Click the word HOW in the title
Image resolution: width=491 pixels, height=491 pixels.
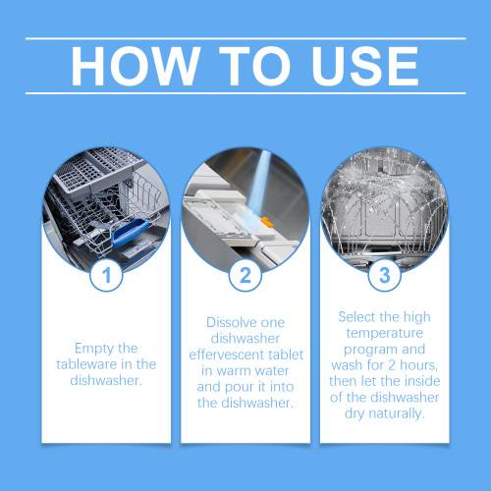tap(136, 66)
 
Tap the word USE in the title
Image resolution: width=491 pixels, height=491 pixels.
tap(365, 66)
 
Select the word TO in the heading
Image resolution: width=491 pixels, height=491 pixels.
tap(254, 66)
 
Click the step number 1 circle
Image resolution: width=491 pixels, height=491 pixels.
tap(106, 275)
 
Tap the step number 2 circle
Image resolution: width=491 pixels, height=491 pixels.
tap(245, 275)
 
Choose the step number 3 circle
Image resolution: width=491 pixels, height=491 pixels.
tap(385, 275)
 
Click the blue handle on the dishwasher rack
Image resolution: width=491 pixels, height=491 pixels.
tap(131, 234)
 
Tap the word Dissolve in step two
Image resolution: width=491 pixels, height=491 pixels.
tap(227, 322)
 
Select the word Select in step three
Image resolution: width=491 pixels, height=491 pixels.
tap(356, 317)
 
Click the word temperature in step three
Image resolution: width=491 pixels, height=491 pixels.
tap(385, 333)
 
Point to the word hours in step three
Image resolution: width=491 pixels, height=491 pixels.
tap(418, 365)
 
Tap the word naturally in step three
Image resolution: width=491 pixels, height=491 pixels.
tap(397, 413)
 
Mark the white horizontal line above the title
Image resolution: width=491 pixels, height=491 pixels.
tap(245, 38)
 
